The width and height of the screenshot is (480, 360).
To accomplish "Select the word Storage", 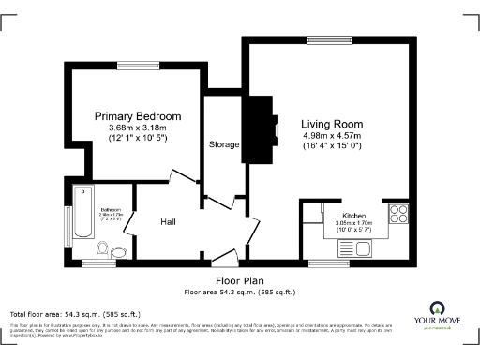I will point(224,144).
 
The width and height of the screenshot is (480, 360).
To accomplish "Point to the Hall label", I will point(169,221).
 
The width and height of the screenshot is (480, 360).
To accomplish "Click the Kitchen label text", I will point(339,215).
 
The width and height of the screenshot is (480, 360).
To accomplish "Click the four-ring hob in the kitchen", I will point(397,213).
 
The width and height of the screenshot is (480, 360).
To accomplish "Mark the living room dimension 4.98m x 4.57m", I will point(332,136).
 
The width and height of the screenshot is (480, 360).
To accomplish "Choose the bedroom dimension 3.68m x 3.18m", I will point(137,127).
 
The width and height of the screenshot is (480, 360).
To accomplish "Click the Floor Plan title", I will point(240,280).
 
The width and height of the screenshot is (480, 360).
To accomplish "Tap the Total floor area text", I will point(74,314).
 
